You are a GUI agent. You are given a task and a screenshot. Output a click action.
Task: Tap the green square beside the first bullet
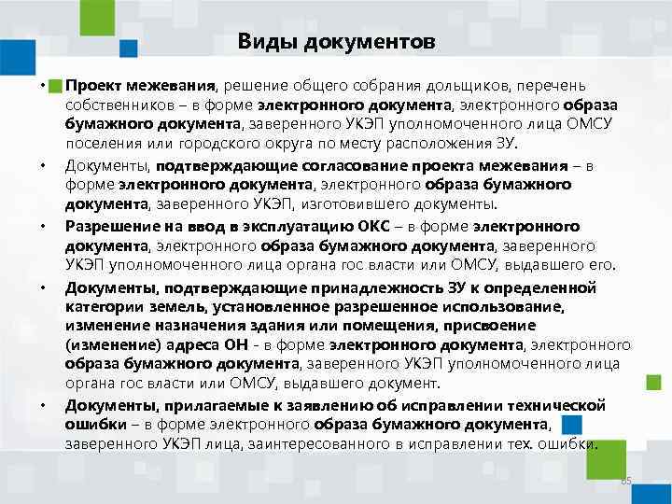[55, 84]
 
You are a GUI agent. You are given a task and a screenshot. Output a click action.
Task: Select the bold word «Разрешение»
[109, 225]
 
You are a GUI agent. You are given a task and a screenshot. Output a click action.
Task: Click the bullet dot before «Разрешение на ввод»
[44, 227]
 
